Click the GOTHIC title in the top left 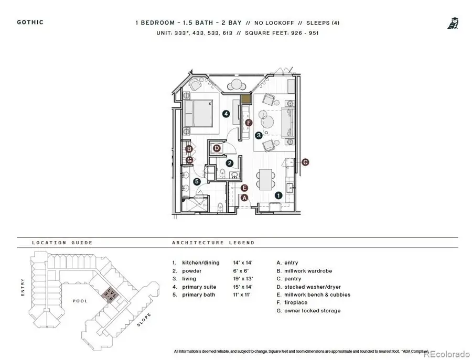click(x=30, y=22)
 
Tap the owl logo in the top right click(x=453, y=23)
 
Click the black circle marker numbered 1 click(x=278, y=195)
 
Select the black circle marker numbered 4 click(x=226, y=113)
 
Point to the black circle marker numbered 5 click(x=197, y=181)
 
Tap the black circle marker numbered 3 click(x=259, y=135)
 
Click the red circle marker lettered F click(x=249, y=123)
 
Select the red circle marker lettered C click(x=305, y=162)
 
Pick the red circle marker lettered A click(x=243, y=197)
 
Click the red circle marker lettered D click(x=217, y=148)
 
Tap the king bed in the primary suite click(x=198, y=113)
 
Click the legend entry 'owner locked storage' click(x=312, y=311)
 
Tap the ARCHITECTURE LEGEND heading click(x=213, y=243)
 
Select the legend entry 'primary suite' click(x=200, y=287)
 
